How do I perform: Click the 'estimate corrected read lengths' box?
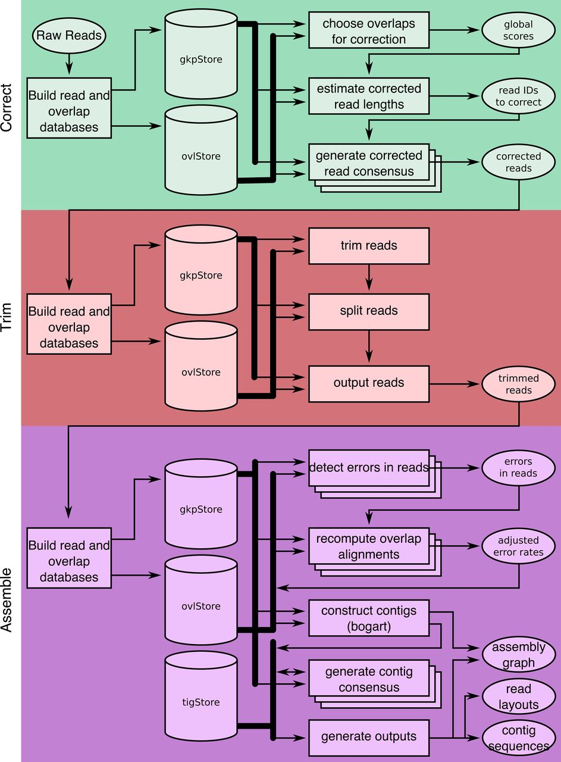point(369,96)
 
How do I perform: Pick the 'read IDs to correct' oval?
point(518,96)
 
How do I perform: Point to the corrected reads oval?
point(518,163)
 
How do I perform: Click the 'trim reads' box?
point(369,246)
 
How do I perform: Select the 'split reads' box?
point(369,311)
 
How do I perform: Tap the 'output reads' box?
point(369,383)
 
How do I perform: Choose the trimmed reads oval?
point(518,384)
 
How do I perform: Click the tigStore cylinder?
point(200,694)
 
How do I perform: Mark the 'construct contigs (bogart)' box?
point(369,618)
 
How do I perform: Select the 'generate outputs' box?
point(369,737)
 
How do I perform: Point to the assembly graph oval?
point(519,655)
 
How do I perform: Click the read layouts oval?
point(518,697)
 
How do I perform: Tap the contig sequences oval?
point(518,738)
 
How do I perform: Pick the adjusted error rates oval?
point(519,546)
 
